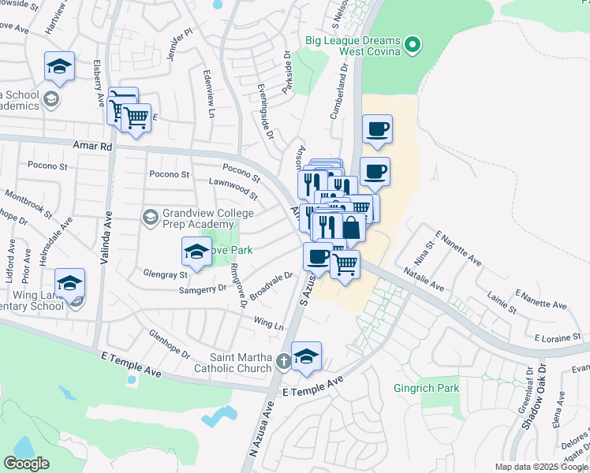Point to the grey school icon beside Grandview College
click(150, 216)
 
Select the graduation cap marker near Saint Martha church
click(306, 356)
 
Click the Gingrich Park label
click(426, 388)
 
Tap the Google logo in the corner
click(26, 464)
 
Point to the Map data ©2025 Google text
click(542, 467)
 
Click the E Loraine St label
click(557, 337)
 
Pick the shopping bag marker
click(352, 228)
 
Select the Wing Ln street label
click(268, 324)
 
